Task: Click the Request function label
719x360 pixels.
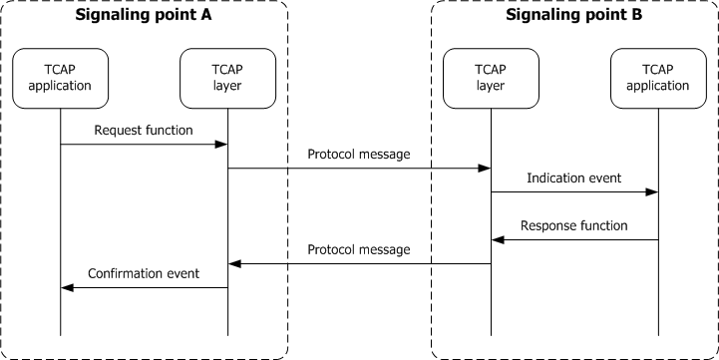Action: click(145, 130)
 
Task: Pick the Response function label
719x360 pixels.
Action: click(573, 225)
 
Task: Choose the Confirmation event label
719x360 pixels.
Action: click(144, 273)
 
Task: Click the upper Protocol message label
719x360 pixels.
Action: click(359, 154)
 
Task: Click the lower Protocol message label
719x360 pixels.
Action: click(359, 249)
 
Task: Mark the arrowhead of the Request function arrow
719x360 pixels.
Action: click(222, 145)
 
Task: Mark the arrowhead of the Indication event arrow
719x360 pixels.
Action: click(652, 192)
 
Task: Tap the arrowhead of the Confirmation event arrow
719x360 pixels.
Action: click(67, 287)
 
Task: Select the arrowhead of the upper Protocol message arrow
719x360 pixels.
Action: click(485, 169)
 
